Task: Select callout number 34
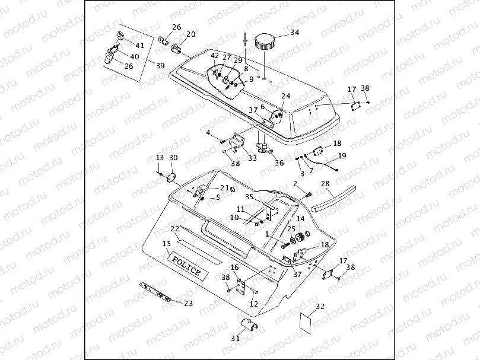point(294,32)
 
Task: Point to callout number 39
point(161,65)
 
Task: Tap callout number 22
point(175,229)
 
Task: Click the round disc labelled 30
point(172,177)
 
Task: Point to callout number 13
point(160,158)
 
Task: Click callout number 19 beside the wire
point(342,156)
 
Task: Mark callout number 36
point(279,163)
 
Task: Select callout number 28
point(325,184)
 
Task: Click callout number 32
point(320,307)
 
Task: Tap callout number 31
point(236,339)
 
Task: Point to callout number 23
point(189,304)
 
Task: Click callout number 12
point(253,304)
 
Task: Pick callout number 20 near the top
point(190,34)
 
